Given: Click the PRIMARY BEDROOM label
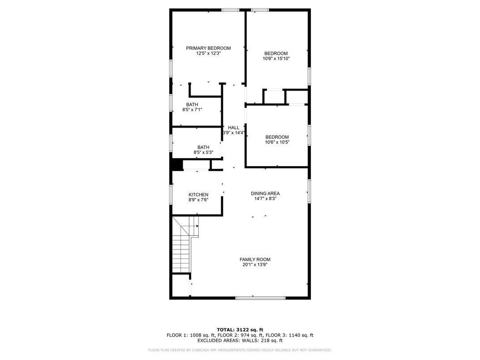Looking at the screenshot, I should click(208, 48).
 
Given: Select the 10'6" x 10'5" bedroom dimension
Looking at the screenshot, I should click(277, 142).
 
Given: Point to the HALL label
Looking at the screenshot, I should click(234, 128).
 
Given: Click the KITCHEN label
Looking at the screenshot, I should click(198, 194).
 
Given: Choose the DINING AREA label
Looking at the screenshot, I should click(265, 193).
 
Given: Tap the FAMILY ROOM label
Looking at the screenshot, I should click(255, 259).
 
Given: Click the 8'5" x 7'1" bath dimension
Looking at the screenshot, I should click(192, 110).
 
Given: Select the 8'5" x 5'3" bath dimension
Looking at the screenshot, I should click(203, 152).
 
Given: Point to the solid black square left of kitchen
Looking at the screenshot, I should click(177, 165).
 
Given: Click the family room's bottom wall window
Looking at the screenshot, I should click(260, 297).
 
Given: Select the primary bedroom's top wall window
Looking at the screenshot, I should click(230, 10).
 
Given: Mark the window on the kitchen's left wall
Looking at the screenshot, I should click(171, 195).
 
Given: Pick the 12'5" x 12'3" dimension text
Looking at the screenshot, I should click(208, 53).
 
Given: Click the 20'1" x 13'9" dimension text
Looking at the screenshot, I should click(255, 265).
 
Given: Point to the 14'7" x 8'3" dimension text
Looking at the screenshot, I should click(265, 199).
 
